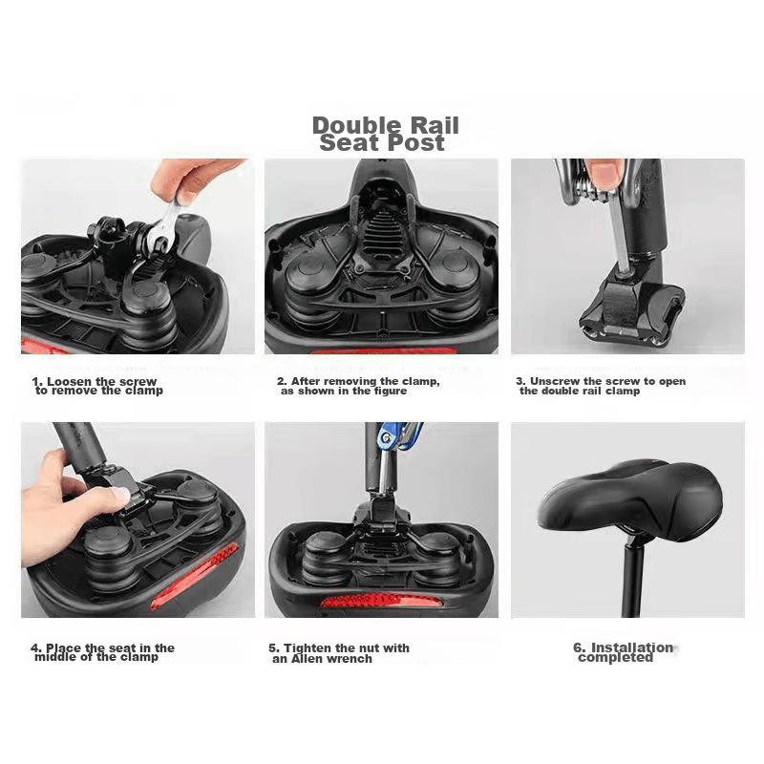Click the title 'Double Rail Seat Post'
[386, 134]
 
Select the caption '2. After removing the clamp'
[358, 386]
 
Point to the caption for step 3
[601, 386]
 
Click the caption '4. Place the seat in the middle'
[102, 652]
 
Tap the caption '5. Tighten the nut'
[339, 653]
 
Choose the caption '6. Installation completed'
[624, 652]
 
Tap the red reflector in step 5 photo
[382, 601]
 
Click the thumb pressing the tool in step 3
[604, 175]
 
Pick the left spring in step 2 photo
[312, 291]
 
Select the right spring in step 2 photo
[454, 287]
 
